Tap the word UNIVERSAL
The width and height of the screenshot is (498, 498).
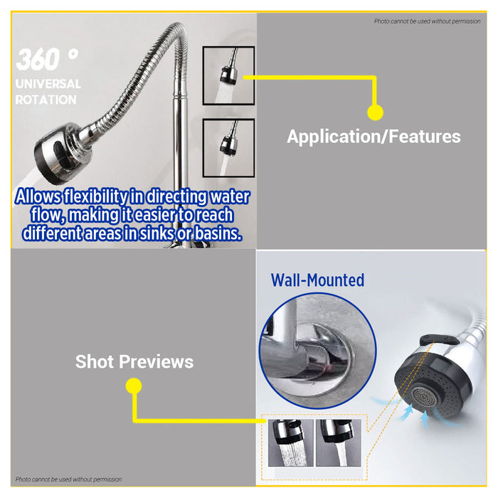(48, 84)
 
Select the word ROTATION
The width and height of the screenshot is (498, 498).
(46, 100)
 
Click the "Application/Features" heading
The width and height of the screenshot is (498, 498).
(373, 137)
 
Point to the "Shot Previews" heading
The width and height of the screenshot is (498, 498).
(134, 361)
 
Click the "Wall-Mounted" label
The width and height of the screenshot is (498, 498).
(317, 280)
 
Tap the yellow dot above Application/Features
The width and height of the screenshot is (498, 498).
(375, 112)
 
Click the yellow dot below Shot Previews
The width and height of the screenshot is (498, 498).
(133, 386)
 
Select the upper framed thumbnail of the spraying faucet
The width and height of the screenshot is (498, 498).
(228, 75)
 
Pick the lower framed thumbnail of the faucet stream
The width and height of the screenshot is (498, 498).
(228, 147)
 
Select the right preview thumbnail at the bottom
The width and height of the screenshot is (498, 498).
(337, 443)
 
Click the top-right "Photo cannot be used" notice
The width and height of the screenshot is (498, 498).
(427, 21)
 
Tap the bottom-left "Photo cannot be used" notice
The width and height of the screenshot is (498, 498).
(69, 480)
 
